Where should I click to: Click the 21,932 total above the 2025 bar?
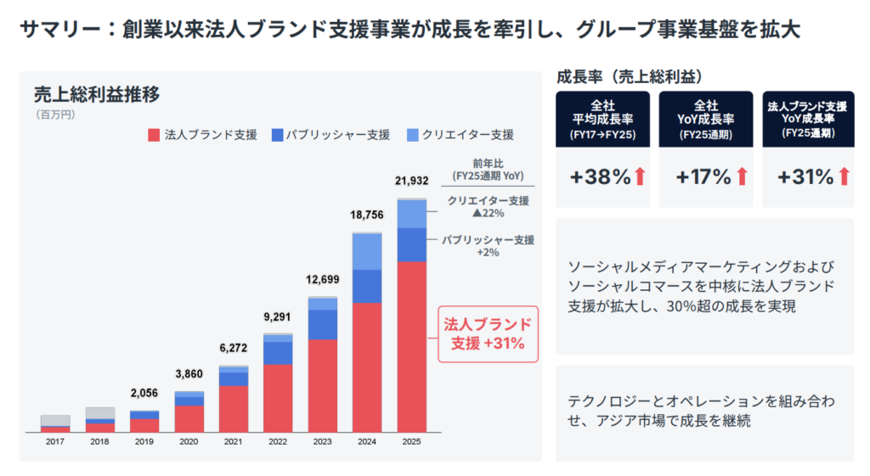[411, 181]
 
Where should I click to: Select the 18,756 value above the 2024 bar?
[367, 216]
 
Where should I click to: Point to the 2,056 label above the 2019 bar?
[144, 394]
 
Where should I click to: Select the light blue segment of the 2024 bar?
[367, 251]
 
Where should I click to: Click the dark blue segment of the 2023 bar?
[322, 324]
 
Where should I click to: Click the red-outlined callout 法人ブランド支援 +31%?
[488, 333]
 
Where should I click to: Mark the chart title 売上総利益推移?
[96, 94]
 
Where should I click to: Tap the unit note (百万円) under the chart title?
[54, 114]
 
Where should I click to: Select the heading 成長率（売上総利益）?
[629, 76]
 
